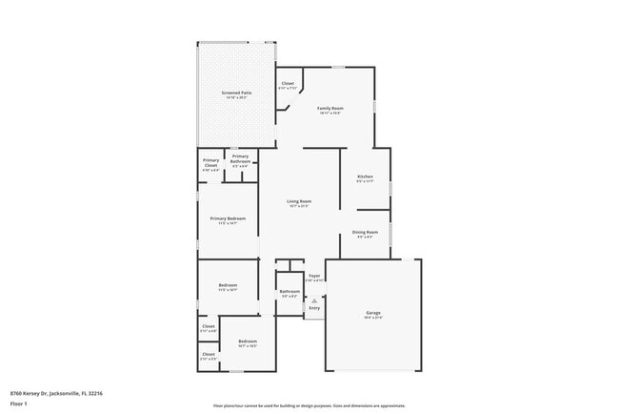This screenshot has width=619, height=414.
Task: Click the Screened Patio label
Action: (x=235, y=93)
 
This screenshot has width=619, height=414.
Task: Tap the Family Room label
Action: (x=329, y=109)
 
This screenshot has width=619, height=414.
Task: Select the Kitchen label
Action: (x=364, y=176)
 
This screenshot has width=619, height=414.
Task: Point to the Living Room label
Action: (x=299, y=201)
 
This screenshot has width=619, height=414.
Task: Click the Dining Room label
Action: (x=366, y=232)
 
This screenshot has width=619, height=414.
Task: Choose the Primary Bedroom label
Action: (x=228, y=218)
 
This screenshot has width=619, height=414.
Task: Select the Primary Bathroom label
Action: (x=240, y=159)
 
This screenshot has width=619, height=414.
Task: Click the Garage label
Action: (x=373, y=312)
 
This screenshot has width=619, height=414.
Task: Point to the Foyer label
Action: (x=313, y=276)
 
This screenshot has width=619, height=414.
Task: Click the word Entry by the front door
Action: (x=314, y=307)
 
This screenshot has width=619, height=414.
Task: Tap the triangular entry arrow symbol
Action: (x=313, y=299)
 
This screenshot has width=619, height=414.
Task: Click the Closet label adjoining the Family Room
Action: (x=288, y=84)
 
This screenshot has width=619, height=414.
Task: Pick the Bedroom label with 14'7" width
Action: (x=248, y=342)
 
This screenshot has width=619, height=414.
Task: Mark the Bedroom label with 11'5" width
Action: (x=228, y=284)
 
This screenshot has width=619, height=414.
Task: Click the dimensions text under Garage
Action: (x=373, y=318)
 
